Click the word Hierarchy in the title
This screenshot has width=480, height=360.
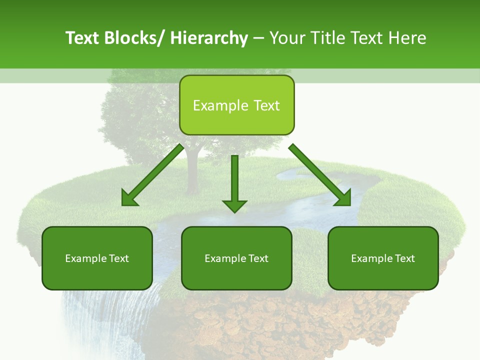[x=209, y=38]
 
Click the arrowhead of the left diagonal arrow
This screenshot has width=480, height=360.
[x=129, y=198]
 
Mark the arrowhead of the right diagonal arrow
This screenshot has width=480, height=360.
[x=344, y=198]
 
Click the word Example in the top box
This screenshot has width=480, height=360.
[x=220, y=105]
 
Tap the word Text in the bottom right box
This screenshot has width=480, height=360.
[x=404, y=258]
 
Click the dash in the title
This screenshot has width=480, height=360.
[x=258, y=38]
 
